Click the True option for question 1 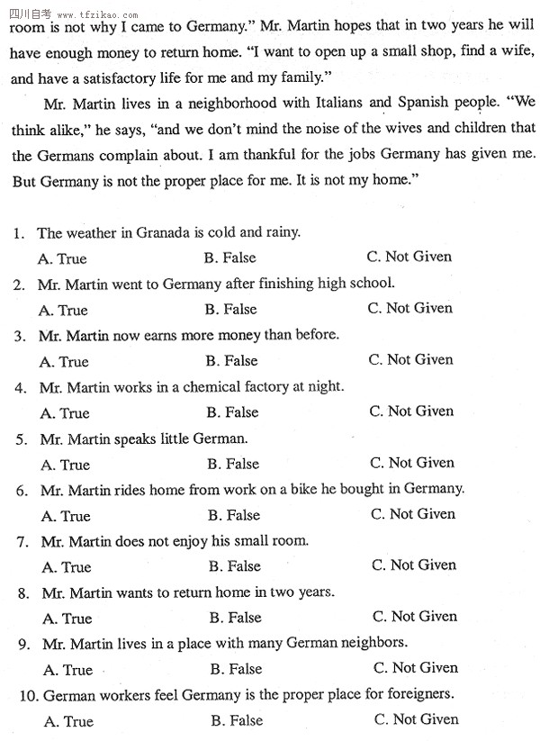point(63,258)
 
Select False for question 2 point(230,309)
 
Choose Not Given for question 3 point(410,359)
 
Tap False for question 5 point(232,464)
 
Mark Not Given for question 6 point(413,514)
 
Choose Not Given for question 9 point(415,668)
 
